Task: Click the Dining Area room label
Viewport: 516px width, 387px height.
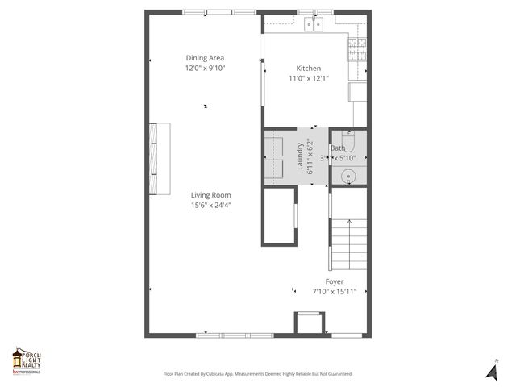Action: (x=205, y=58)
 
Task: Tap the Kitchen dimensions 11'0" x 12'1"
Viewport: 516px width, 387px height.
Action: (x=308, y=78)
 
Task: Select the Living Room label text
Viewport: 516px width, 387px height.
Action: (x=210, y=195)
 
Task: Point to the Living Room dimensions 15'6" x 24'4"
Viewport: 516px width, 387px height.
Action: (x=210, y=205)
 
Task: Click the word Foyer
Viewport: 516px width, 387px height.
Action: (x=335, y=281)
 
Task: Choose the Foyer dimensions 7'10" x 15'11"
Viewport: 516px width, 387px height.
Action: (x=335, y=291)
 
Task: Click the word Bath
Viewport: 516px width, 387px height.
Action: (x=338, y=148)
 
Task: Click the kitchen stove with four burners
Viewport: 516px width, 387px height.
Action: (x=357, y=50)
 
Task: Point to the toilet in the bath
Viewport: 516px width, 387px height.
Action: (x=348, y=142)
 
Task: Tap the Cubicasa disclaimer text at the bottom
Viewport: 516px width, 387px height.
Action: (x=257, y=374)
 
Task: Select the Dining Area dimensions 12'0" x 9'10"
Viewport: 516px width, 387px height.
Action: (x=205, y=69)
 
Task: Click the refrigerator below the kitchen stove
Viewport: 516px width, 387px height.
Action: (x=358, y=91)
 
